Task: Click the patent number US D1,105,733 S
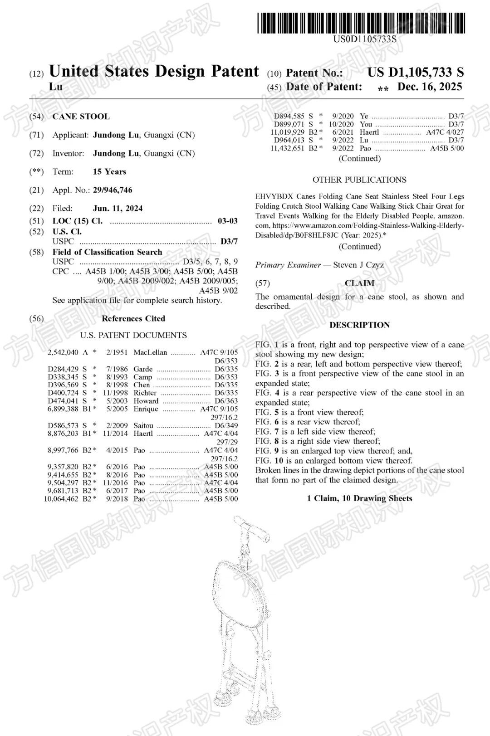coord(415,73)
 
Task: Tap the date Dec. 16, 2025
coord(430,87)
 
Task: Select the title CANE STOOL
coord(81,117)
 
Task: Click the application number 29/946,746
coord(113,190)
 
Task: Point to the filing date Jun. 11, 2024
coord(118,209)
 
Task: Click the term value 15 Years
coord(109,172)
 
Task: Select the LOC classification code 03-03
coord(227,221)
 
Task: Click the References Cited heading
coord(133,319)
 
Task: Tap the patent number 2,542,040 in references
coord(63,352)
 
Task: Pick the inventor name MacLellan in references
coord(150,352)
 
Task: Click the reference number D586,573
coord(63,426)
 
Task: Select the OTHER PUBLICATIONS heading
coord(359,180)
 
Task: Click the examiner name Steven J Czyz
coord(358,265)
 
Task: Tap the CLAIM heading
coord(359,283)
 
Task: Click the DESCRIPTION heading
coord(359,325)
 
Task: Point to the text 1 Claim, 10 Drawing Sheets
coord(359,498)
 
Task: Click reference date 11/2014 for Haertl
coord(115,434)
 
